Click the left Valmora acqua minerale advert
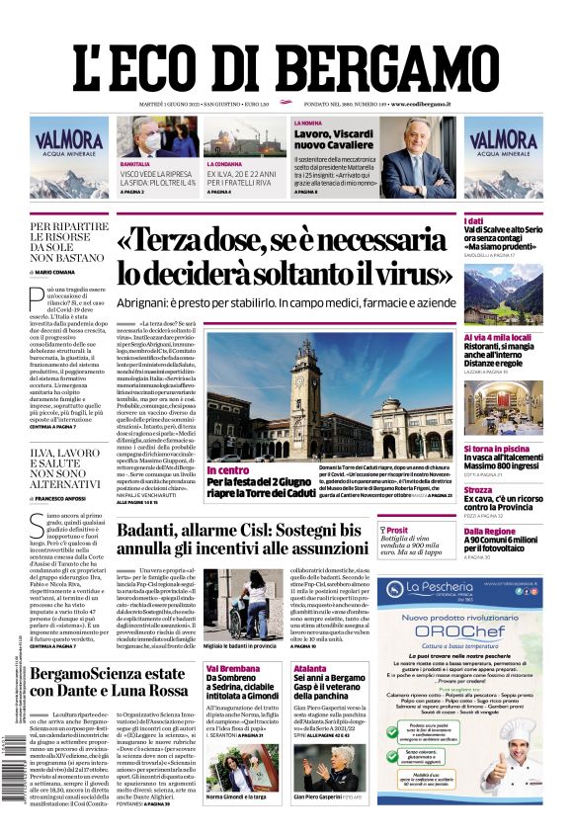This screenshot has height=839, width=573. [68, 157]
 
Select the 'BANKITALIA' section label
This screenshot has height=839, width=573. [135, 164]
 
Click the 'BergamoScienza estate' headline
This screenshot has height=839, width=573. [109, 682]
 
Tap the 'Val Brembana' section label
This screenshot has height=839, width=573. [233, 669]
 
